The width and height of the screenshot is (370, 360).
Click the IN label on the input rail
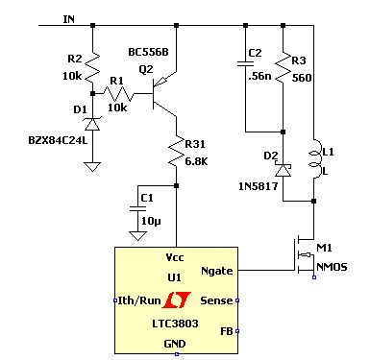point(69,19)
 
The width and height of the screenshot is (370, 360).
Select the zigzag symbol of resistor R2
point(93,66)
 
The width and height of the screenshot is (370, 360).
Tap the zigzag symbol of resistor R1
point(117,94)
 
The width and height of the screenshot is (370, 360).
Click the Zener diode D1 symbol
point(92,124)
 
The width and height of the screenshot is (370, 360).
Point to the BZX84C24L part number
point(58,140)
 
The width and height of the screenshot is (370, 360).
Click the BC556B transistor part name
point(148,52)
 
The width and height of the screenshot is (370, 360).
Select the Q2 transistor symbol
point(164,94)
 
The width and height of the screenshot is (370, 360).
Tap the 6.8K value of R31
point(196,161)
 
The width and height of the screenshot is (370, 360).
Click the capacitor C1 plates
point(137,209)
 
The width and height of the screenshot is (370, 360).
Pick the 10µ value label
point(151,221)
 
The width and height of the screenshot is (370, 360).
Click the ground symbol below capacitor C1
point(138,235)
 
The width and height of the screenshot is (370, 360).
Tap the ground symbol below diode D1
point(92,167)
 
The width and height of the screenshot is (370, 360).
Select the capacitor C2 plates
point(245,63)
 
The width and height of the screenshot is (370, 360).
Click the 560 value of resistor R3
point(302,78)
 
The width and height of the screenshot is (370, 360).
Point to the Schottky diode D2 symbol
point(284,170)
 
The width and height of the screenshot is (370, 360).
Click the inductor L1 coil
point(314,158)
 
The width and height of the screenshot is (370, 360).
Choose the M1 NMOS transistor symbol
point(304,255)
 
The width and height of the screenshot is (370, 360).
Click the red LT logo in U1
point(177,300)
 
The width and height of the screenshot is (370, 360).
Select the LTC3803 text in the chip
point(175,324)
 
